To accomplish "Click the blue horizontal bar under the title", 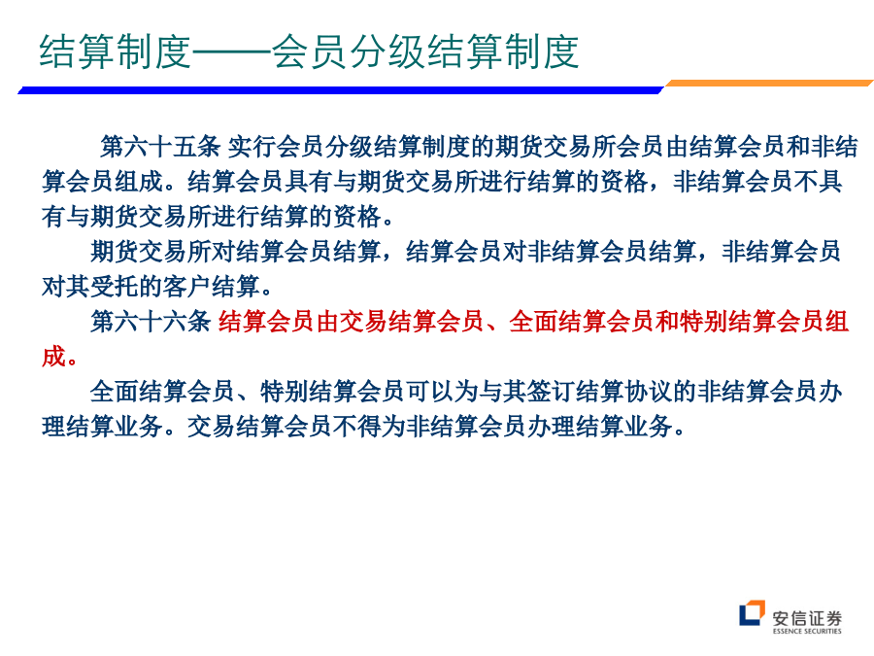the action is tap(341, 89).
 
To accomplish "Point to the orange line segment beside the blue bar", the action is tap(769, 84).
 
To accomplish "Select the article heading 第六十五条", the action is tap(160, 147).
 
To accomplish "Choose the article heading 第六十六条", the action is tap(151, 322).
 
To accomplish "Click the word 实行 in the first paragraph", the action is tap(252, 147).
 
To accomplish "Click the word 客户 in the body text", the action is tap(186, 287).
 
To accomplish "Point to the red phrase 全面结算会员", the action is tap(582, 322).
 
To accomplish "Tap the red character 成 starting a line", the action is tap(53, 357).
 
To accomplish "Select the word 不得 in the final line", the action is tap(356, 427).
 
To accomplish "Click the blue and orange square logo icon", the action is tap(752, 613).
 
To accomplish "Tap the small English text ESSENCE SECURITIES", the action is tap(807, 631).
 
